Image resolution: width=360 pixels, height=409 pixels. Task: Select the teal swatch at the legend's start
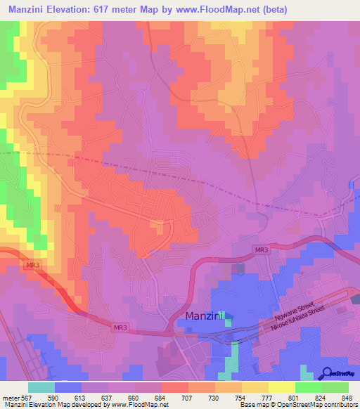(x=41, y=387)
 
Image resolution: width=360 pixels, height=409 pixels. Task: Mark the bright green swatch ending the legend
(x=335, y=387)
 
